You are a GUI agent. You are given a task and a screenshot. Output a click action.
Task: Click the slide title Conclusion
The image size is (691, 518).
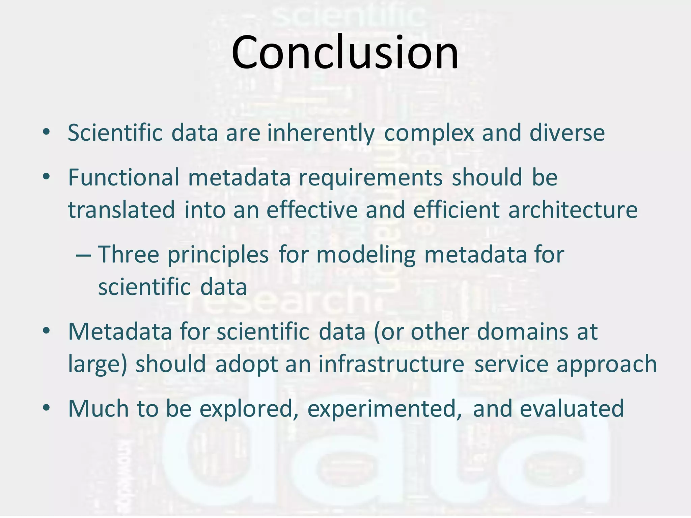(x=345, y=52)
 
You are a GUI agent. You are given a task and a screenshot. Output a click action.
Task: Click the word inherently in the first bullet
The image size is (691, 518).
(x=321, y=133)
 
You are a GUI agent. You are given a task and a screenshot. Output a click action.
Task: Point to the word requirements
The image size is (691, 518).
(x=370, y=178)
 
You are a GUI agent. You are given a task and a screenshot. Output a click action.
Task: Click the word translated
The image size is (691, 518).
(x=121, y=210)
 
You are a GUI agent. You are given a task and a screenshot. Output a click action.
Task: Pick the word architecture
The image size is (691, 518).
(x=573, y=210)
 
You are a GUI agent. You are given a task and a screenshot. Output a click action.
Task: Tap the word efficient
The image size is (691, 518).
(x=456, y=210)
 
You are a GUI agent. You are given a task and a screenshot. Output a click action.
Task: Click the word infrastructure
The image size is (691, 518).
(x=391, y=364)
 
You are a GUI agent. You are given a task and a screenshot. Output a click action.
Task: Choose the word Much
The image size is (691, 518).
(x=98, y=408)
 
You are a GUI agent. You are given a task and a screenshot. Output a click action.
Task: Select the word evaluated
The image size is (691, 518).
(x=572, y=408)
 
